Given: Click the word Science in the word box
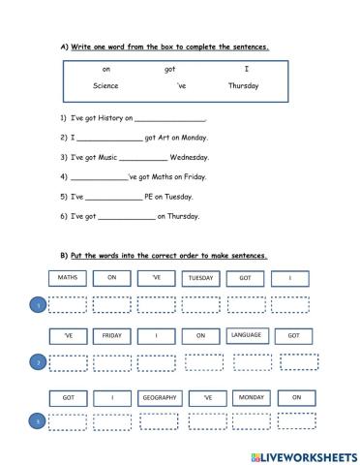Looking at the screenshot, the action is coord(106,85).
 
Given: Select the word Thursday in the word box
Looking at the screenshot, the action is coord(244,85).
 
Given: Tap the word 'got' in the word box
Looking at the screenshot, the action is coord(170,69).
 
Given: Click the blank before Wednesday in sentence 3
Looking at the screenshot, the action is coord(145,158).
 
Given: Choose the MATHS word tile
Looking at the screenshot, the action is coord(67,278).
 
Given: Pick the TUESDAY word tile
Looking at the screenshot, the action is coord(199,279).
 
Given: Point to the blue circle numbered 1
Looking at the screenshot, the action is coord(38,306).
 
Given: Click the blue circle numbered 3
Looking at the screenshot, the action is coord(38,422).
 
